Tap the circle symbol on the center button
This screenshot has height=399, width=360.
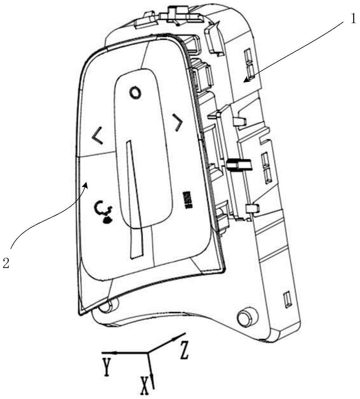coord(135,93)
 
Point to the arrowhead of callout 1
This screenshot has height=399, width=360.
coord(246,81)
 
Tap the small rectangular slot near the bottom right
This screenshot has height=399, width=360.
coord(286,300)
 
